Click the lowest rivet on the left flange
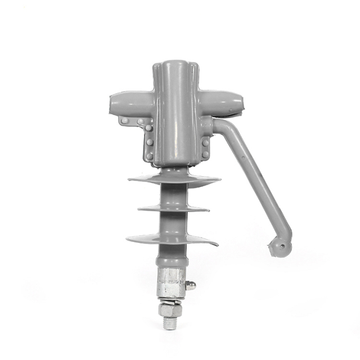point(150,156)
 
